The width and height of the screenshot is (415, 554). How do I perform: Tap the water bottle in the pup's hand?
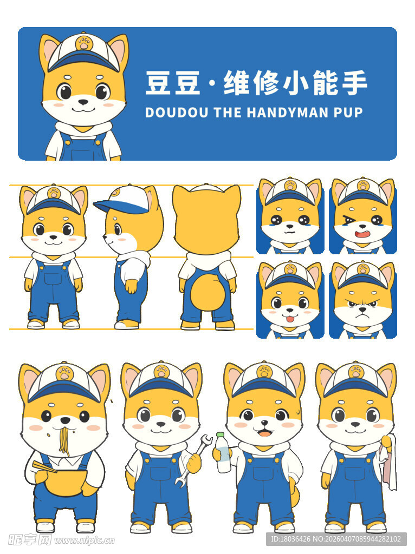[x=223, y=453]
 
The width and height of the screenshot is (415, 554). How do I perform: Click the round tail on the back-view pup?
[x=207, y=291]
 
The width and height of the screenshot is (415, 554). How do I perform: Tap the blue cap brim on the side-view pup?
[x=111, y=206]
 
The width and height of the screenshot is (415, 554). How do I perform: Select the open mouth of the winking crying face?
[x=362, y=234]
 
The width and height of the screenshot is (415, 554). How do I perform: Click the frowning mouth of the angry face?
[x=362, y=316]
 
